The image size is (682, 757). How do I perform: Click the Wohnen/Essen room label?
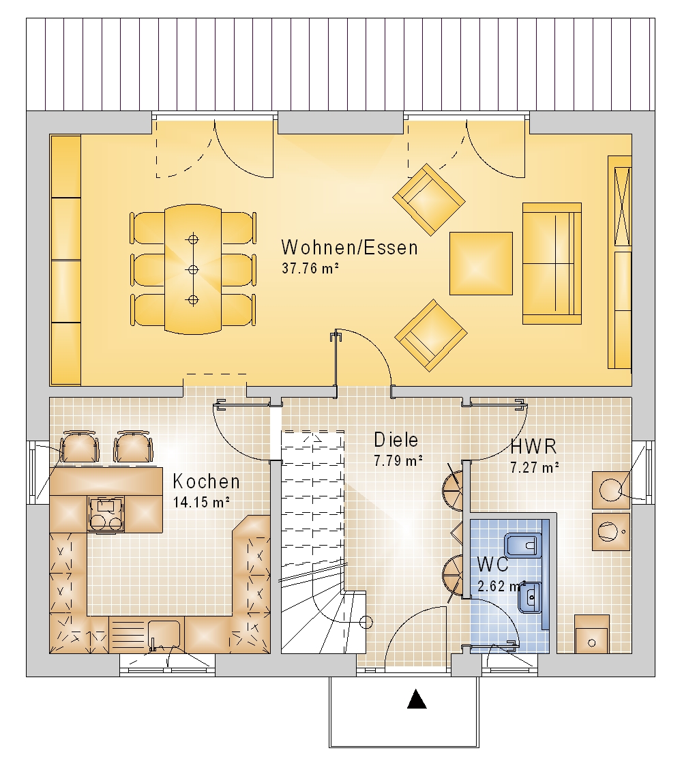click(x=349, y=247)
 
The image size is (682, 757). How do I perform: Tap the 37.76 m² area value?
click(x=310, y=269)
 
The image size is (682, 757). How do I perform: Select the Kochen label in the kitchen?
click(x=206, y=481)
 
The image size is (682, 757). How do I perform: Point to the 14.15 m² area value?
click(x=201, y=502)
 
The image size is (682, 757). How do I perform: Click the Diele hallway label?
click(x=396, y=440)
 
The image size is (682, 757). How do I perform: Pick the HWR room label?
click(x=533, y=447)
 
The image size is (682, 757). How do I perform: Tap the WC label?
click(x=492, y=564)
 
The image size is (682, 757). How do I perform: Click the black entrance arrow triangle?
click(x=417, y=699)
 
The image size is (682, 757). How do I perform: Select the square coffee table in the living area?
click(x=481, y=263)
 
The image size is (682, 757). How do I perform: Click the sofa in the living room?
click(x=552, y=264)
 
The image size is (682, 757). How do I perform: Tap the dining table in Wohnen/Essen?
click(x=193, y=269)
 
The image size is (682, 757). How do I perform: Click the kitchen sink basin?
click(x=164, y=634)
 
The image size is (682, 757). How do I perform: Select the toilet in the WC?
click(x=522, y=546)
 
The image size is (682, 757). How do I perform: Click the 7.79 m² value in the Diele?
click(x=398, y=460)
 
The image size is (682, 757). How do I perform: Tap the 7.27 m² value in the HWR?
click(x=535, y=467)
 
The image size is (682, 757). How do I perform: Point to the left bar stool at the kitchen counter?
click(x=79, y=447)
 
